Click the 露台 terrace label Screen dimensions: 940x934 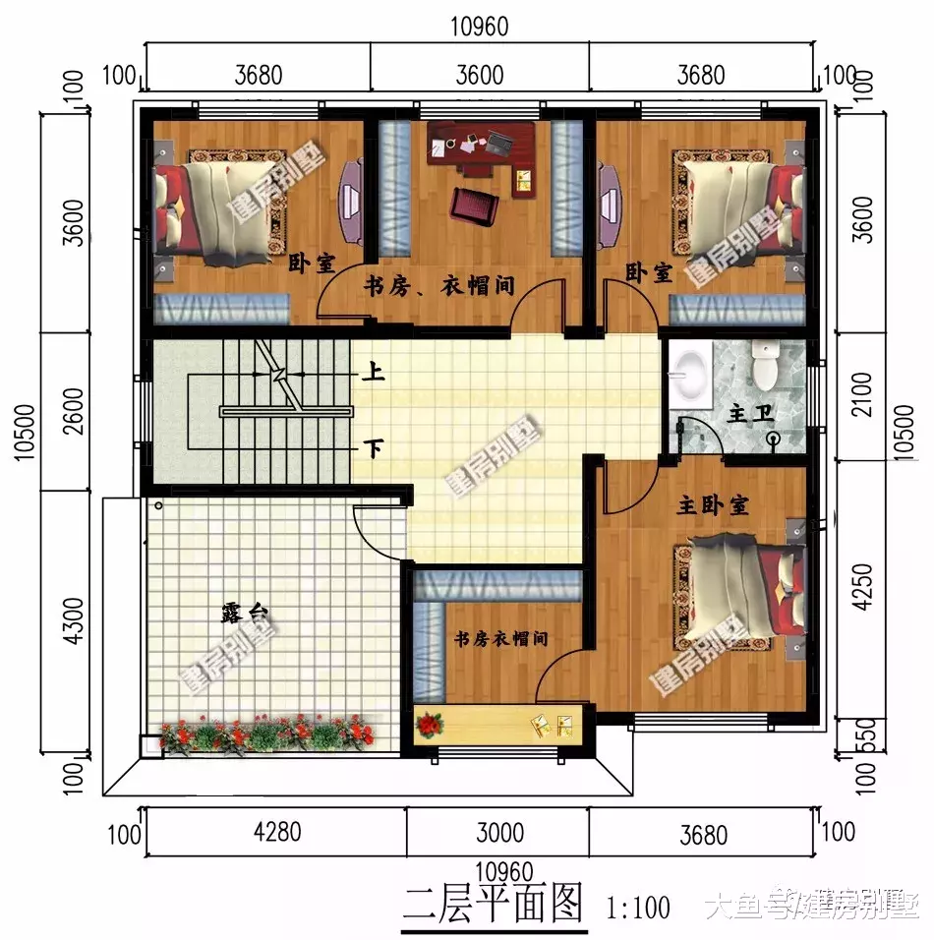click(x=244, y=615)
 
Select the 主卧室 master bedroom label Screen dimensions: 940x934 click(x=713, y=505)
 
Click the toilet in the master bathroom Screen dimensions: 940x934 click(x=763, y=366)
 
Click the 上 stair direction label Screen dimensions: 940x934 click(x=375, y=374)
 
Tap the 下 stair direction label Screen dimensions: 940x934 click(x=375, y=448)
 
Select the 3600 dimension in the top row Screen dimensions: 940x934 click(x=479, y=76)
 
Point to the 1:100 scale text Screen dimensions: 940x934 click(x=639, y=906)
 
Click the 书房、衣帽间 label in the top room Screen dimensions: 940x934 click(x=439, y=286)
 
